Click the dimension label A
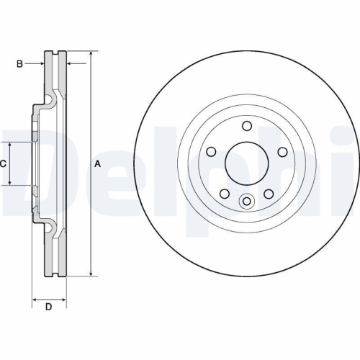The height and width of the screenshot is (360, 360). [98, 164]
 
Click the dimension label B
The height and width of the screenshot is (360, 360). [19, 64]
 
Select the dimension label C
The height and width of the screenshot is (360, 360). [3, 164]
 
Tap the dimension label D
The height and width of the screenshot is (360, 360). [48, 307]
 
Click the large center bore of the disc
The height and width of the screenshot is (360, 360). [246, 164]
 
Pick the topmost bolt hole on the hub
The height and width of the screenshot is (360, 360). [246, 127]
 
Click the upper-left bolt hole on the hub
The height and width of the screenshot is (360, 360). [212, 152]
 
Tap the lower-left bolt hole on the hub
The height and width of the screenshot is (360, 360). [224, 194]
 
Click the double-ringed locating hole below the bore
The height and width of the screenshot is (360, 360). [246, 202]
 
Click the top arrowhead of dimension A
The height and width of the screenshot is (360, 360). [91, 54]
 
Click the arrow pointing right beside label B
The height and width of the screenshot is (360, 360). [41, 64]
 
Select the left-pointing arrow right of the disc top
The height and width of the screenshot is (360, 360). [71, 64]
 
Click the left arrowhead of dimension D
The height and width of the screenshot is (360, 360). [35, 297]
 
